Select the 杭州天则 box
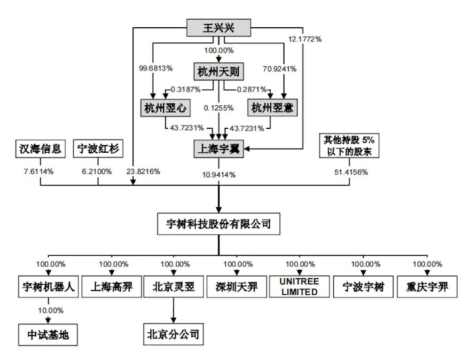point(218,72)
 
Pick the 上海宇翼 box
point(219,149)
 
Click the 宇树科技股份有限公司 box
point(219,224)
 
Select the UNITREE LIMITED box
point(299,287)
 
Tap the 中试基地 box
point(47,335)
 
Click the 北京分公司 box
point(173,335)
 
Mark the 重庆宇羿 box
point(427,287)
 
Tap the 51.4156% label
point(351,172)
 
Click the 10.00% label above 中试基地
point(47,311)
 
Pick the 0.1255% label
point(219,108)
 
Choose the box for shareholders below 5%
point(348,146)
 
